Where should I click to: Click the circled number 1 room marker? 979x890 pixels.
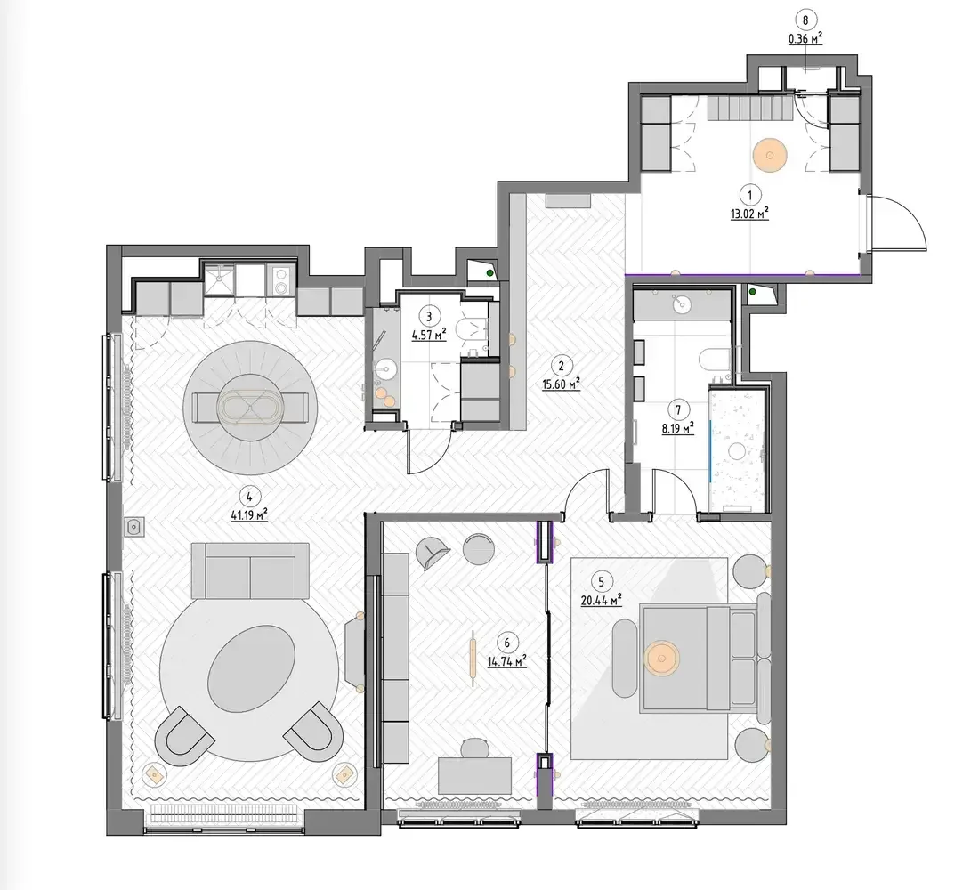749,195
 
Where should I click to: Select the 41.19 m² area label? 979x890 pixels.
249,515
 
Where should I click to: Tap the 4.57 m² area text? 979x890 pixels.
429,335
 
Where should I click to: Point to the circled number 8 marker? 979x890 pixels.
805,20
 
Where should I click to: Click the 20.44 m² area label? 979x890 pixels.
602,601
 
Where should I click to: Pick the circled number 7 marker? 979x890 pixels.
678,409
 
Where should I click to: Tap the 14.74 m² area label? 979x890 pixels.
506,660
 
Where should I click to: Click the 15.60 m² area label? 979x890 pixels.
562,384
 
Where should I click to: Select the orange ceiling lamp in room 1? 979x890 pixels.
769,154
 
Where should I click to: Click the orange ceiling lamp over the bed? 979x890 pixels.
662,659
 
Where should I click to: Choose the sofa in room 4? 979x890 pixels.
250,570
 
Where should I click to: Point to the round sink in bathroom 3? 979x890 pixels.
385,369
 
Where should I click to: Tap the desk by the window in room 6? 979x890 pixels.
475,776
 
